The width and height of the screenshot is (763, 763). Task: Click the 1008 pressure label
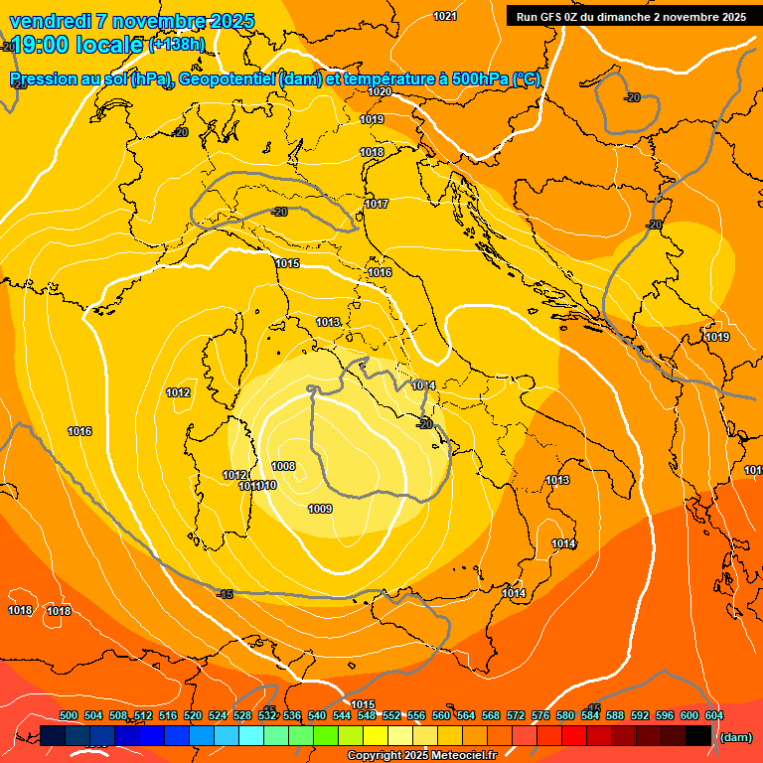(283, 466)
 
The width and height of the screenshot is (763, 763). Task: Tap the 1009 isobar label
(320, 509)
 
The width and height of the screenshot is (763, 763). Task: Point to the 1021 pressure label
(445, 16)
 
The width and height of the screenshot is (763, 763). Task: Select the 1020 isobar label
(380, 91)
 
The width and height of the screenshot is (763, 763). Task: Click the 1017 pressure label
(377, 204)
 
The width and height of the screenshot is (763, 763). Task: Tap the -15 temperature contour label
(225, 594)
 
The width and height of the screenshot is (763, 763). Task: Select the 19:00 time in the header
(41, 45)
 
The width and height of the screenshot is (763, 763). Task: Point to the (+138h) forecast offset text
(177, 45)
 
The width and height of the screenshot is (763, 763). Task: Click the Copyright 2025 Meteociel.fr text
(421, 756)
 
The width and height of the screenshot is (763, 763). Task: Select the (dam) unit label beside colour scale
(734, 737)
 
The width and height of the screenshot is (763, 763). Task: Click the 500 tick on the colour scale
(69, 715)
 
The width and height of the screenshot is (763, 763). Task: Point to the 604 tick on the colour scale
(713, 715)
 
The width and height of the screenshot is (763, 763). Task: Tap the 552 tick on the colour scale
(391, 715)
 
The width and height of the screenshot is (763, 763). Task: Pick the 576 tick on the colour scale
(540, 715)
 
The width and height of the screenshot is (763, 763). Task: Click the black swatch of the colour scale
(698, 735)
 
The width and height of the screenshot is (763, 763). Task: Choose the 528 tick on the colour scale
(242, 715)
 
